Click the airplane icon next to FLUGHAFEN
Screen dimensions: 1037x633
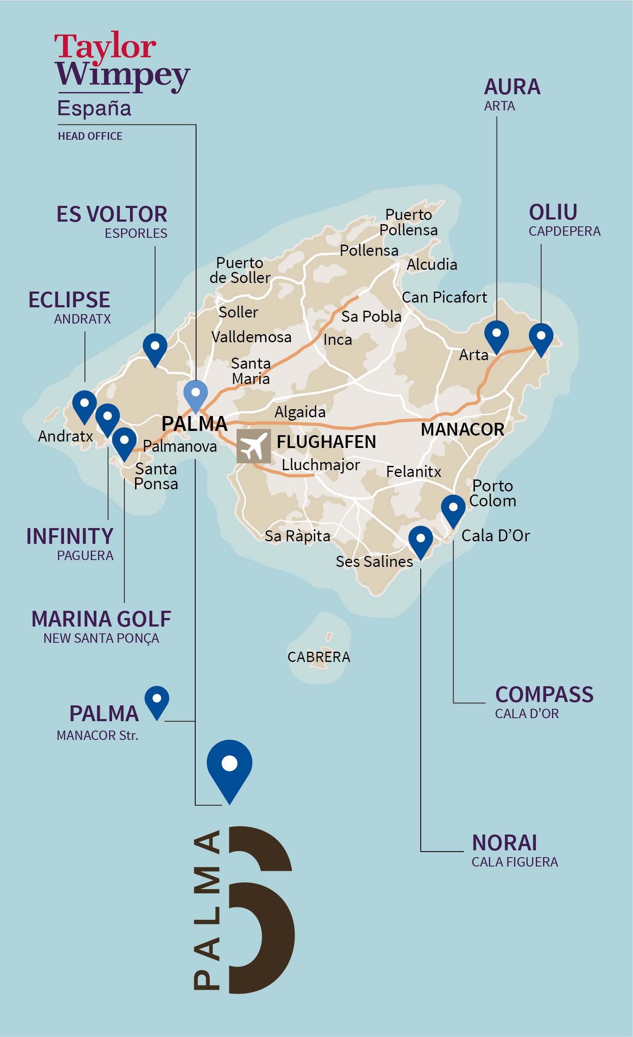pyautogui.click(x=254, y=446)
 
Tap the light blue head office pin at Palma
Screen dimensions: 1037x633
pyautogui.click(x=196, y=394)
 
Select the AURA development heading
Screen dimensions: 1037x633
pyautogui.click(x=512, y=87)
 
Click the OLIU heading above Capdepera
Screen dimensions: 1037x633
pyautogui.click(x=553, y=212)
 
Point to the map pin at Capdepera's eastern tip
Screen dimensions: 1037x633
pyautogui.click(x=541, y=338)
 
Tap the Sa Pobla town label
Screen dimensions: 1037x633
pyautogui.click(x=371, y=317)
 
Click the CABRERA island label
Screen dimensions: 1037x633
pyautogui.click(x=319, y=657)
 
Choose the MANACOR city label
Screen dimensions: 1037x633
pyautogui.click(x=462, y=430)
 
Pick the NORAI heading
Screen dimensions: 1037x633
pyautogui.click(x=504, y=843)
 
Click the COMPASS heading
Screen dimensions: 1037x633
pyautogui.click(x=544, y=695)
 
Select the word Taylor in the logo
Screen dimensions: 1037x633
pyautogui.click(x=105, y=46)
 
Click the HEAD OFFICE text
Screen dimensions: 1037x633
pyautogui.click(x=90, y=136)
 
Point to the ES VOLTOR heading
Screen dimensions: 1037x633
pyautogui.click(x=112, y=214)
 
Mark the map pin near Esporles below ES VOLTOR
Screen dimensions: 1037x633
pyautogui.click(x=155, y=348)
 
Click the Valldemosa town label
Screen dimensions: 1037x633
pyautogui.click(x=251, y=337)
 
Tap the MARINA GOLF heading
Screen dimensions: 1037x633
pyautogui.click(x=101, y=619)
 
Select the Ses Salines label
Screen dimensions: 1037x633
pyautogui.click(x=374, y=562)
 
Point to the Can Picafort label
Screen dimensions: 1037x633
pyautogui.click(x=444, y=298)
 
